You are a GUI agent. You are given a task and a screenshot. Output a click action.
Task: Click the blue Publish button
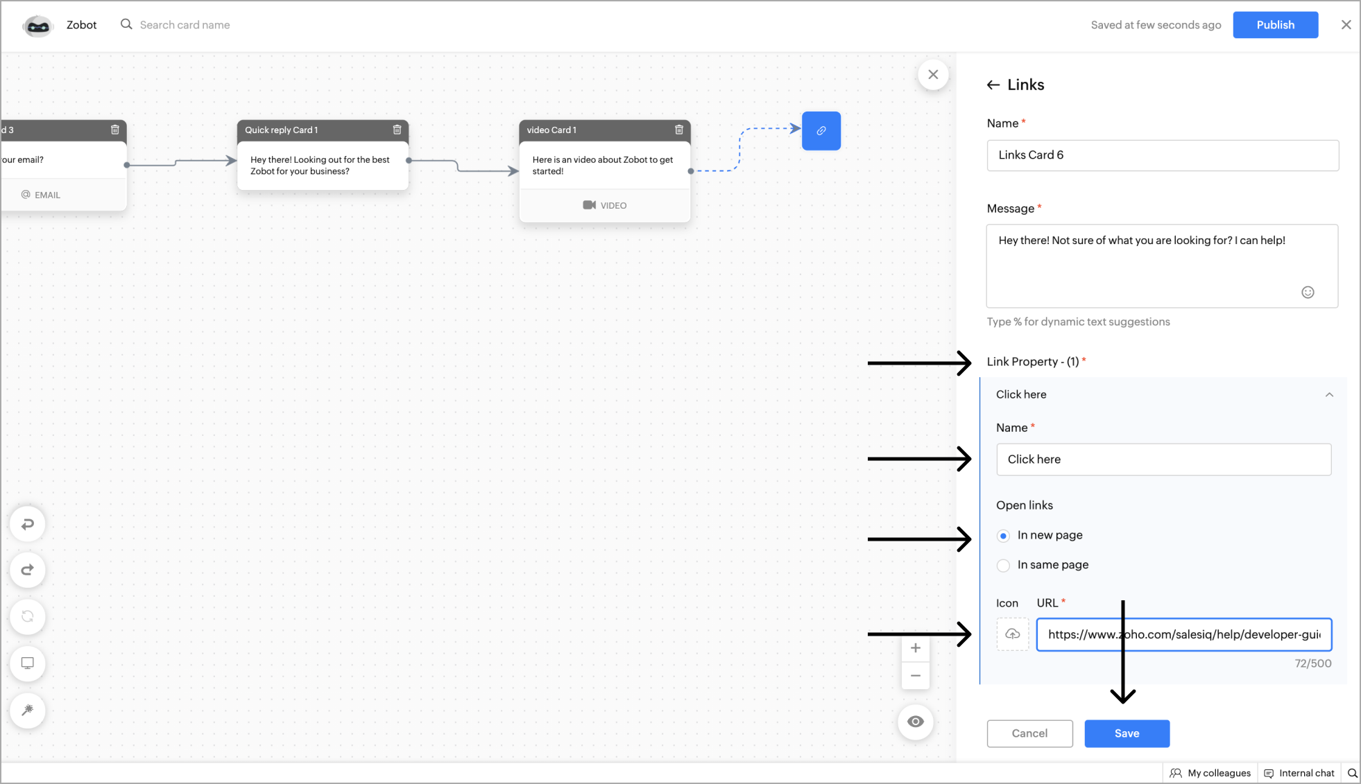point(1275,25)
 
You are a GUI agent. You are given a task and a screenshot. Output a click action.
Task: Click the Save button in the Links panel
point(1127,733)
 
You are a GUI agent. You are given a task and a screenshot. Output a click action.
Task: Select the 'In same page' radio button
point(1003,565)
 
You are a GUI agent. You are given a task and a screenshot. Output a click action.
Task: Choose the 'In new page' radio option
point(1003,535)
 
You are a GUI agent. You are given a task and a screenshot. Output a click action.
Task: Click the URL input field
point(1183,634)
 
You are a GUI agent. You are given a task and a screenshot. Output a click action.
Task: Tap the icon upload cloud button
point(1013,634)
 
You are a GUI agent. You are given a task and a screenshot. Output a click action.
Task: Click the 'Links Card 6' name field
point(1163,155)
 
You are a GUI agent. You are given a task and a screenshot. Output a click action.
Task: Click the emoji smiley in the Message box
point(1308,293)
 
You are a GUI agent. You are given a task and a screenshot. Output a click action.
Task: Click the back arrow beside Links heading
point(993,85)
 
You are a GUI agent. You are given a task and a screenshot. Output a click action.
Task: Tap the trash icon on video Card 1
point(679,130)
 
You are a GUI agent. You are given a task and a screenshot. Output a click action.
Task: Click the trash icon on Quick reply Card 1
point(397,130)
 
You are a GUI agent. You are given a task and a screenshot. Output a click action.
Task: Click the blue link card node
point(821,131)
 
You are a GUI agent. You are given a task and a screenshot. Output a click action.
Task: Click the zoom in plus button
point(916,648)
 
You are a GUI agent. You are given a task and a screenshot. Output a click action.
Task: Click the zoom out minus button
point(916,676)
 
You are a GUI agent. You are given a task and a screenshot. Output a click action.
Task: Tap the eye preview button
point(916,722)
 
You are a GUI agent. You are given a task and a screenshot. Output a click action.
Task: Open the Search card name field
point(185,25)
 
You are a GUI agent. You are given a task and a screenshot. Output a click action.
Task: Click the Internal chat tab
point(1299,773)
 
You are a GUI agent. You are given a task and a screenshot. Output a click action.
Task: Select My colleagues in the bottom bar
point(1210,773)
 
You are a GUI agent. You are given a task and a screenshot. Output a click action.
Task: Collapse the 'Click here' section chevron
point(1329,394)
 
